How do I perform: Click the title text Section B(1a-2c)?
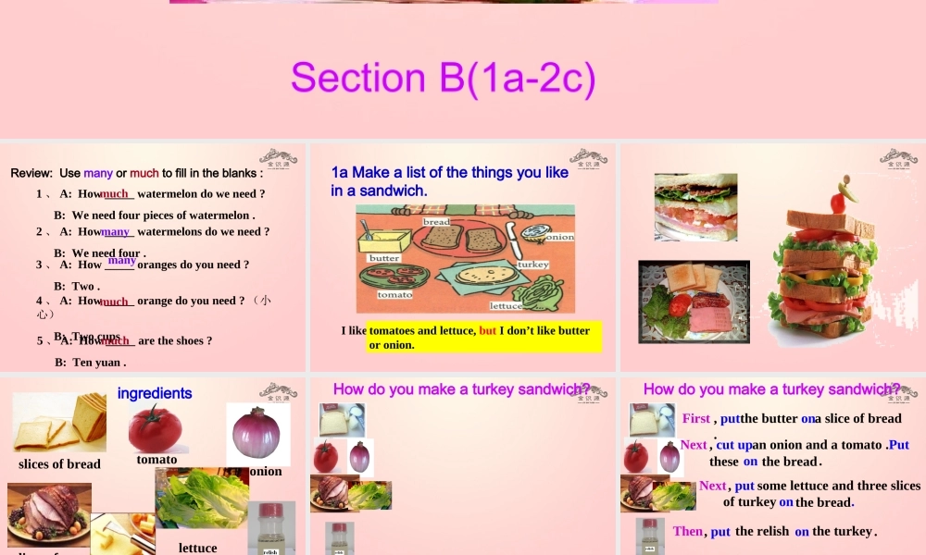click(x=443, y=79)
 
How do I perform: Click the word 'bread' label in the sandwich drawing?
click(x=436, y=222)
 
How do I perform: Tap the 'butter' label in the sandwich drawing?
click(x=384, y=258)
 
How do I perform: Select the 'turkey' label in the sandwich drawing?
click(x=533, y=265)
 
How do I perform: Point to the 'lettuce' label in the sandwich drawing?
click(x=506, y=305)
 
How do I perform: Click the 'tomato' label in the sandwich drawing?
click(x=394, y=294)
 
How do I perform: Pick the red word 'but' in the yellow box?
click(x=487, y=330)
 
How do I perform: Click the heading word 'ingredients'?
click(x=155, y=393)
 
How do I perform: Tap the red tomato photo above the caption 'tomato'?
click(x=155, y=427)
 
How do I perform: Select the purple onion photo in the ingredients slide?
click(x=257, y=433)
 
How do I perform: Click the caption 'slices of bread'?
click(x=59, y=464)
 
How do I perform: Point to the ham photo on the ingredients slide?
click(x=49, y=513)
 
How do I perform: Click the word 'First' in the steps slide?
click(x=695, y=418)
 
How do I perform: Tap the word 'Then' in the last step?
click(x=688, y=531)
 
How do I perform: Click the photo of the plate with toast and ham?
click(x=694, y=301)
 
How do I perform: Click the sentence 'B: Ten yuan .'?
click(x=90, y=363)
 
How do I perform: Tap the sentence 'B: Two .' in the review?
click(x=77, y=286)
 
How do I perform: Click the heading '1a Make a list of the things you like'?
click(x=449, y=172)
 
